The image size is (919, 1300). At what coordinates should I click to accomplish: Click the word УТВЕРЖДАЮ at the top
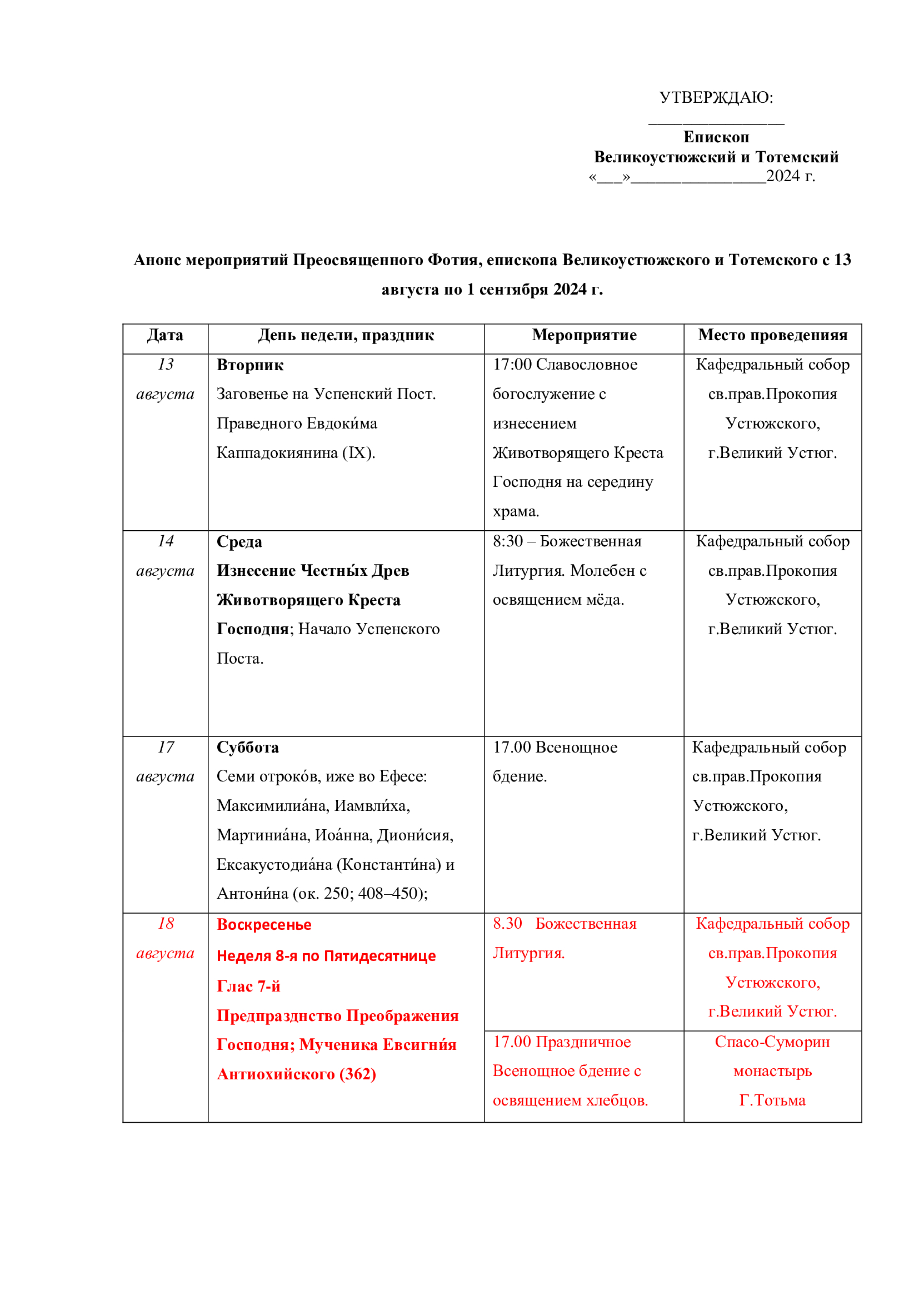tap(714, 97)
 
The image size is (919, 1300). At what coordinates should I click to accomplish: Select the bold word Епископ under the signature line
tap(716, 137)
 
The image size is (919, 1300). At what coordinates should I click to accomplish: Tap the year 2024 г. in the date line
tap(790, 176)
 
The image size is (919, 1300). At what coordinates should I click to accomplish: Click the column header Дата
tap(165, 335)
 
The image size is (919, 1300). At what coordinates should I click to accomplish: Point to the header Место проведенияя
tap(772, 335)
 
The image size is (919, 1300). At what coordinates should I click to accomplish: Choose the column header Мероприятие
tap(584, 335)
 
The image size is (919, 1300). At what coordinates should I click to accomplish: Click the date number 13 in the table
tap(166, 364)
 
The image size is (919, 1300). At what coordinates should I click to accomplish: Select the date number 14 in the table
tap(166, 541)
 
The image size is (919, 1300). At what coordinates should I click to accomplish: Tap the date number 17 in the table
tap(166, 747)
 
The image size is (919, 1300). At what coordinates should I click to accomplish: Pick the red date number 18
tap(166, 923)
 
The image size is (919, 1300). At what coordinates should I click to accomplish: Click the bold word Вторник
tap(250, 365)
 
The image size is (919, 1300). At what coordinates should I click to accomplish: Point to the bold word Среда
tap(239, 542)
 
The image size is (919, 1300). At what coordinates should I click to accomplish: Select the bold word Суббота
tap(248, 748)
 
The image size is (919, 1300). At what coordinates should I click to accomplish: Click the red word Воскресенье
tap(264, 925)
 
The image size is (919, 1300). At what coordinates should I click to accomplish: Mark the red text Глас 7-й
tap(248, 987)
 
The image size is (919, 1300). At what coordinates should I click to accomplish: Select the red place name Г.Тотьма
tap(772, 1100)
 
